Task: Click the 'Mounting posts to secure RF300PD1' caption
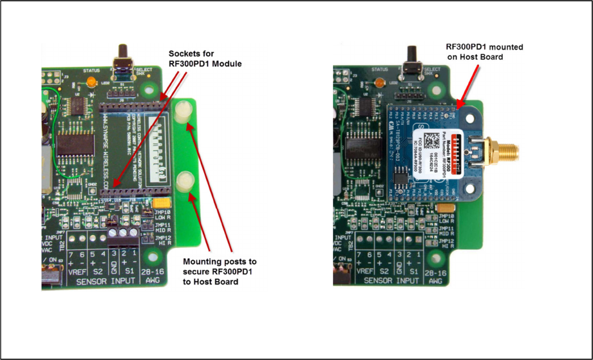[220, 271]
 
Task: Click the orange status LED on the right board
[379, 83]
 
